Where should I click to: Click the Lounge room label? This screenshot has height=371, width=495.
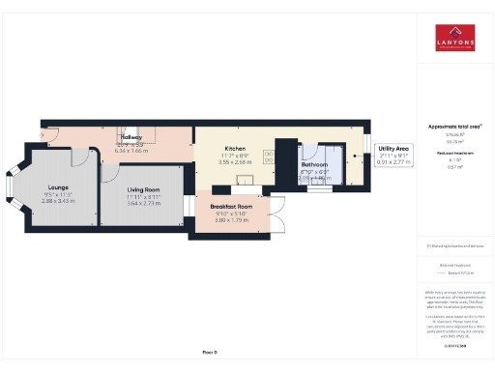point(58,189)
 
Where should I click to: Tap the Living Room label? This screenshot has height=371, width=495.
point(146,189)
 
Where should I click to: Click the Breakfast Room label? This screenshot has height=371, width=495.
point(231,207)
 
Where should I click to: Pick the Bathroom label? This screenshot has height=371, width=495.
point(314,165)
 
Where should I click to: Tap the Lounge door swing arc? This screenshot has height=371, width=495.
point(79,157)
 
